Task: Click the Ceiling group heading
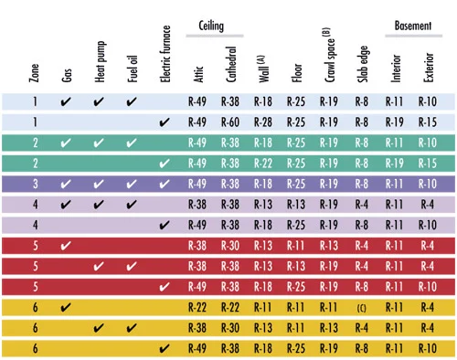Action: pos(211,26)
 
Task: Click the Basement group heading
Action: pos(413,26)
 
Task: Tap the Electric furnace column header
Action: pos(165,54)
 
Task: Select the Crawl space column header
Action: pos(329,55)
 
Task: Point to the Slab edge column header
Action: pos(362,64)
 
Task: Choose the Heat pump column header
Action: pos(100,62)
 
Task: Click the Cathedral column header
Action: pos(231,64)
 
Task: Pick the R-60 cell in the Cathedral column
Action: pos(230,122)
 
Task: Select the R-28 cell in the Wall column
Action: pos(263,122)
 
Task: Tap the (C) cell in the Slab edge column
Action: pos(362,308)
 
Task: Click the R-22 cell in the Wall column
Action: pos(263,164)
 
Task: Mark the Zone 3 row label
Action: pos(36,184)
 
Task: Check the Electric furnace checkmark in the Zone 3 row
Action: pos(165,184)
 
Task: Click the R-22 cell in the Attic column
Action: pos(197,307)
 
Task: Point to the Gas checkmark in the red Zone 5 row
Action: pos(66,246)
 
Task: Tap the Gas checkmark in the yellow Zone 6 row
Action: pos(66,307)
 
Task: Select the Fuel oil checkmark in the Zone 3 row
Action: pos(132,184)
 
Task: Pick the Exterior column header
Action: pos(428,68)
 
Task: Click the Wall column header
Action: pos(263,69)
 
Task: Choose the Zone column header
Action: pos(34,73)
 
